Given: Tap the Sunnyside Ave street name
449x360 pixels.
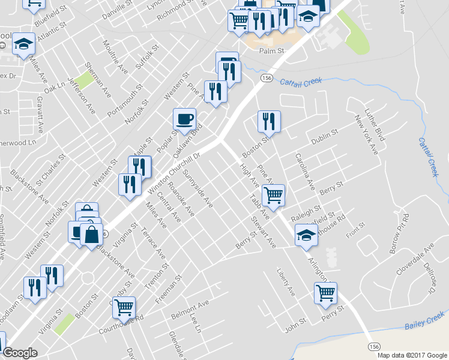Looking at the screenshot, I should (199, 188).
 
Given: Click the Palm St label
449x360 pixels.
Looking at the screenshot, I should (271, 52).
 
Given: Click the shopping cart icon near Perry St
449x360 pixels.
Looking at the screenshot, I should (325, 293).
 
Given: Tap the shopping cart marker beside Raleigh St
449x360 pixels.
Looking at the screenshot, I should (274, 194).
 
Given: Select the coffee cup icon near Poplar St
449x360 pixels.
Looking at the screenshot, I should (184, 118).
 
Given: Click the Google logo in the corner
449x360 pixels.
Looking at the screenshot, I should (20, 353).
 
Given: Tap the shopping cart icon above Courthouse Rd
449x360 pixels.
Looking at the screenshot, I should (124, 307).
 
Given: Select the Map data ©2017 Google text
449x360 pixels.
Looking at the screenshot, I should (412, 355).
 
